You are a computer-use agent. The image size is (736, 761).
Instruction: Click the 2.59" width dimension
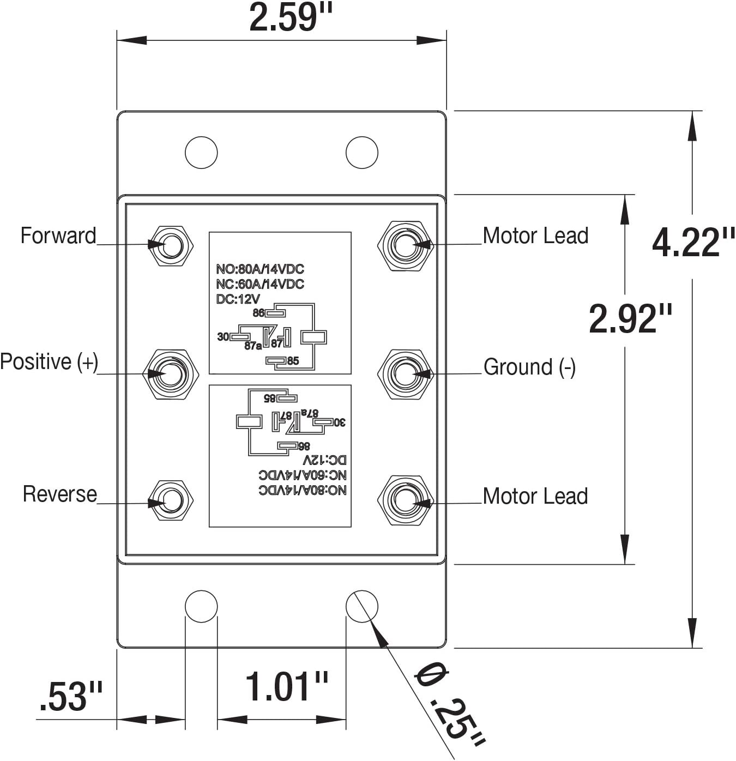pos(291,18)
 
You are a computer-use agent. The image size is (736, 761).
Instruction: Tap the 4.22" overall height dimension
pos(693,243)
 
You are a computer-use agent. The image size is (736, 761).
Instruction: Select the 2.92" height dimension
pos(630,319)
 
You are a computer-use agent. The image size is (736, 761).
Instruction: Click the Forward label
pos(58,235)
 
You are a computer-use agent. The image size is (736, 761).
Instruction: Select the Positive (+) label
pos(49,361)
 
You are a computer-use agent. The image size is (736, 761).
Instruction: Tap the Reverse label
pos(60,494)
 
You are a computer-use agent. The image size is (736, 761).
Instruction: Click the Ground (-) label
pos(529,367)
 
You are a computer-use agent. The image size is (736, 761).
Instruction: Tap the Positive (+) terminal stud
pos(171,375)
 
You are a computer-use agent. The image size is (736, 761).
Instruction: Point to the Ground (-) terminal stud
pos(406,375)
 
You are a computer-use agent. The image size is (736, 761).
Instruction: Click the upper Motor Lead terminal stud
pos(406,246)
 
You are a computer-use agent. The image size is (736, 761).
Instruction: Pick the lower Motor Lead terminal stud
pos(406,500)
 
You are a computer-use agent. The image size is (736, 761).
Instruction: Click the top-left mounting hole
pos(201,153)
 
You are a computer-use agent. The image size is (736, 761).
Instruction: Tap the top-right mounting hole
pos(362,153)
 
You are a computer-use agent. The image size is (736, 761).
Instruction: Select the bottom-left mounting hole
pos(201,607)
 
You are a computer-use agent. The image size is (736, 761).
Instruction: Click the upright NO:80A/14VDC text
pos(260,269)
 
